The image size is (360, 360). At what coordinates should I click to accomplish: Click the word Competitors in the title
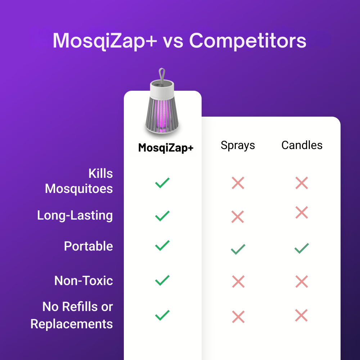coord(248,41)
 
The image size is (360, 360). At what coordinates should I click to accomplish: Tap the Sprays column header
coord(238,145)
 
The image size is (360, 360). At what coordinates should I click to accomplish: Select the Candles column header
coord(302,145)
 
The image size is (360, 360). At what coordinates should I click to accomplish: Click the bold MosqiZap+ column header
coord(166,148)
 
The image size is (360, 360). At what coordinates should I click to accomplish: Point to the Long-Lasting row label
coord(75,216)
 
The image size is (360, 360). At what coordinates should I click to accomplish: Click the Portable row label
coord(89,246)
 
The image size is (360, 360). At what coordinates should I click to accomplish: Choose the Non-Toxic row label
coord(84,280)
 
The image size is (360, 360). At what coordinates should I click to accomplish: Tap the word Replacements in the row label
coord(72,324)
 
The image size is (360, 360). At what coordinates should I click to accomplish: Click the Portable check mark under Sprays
coord(238,249)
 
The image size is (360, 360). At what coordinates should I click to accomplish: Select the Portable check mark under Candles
coord(301,248)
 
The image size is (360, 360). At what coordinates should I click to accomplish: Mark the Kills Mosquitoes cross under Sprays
coord(238,183)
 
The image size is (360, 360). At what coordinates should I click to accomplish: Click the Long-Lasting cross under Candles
coord(301,212)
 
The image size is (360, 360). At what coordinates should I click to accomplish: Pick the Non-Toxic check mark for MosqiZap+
coord(162,280)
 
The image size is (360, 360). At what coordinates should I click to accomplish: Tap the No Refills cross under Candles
coord(301,315)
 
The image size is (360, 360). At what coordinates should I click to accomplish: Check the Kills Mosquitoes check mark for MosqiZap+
coord(162,183)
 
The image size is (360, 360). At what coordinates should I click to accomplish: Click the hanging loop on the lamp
coord(162,76)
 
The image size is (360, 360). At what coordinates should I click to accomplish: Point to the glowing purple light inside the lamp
coord(162,116)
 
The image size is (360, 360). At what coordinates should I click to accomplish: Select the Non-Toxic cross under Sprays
coord(238,282)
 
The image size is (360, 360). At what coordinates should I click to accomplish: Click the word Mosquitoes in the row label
coord(79,189)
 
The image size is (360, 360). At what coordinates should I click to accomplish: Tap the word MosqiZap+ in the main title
coord(105,41)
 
